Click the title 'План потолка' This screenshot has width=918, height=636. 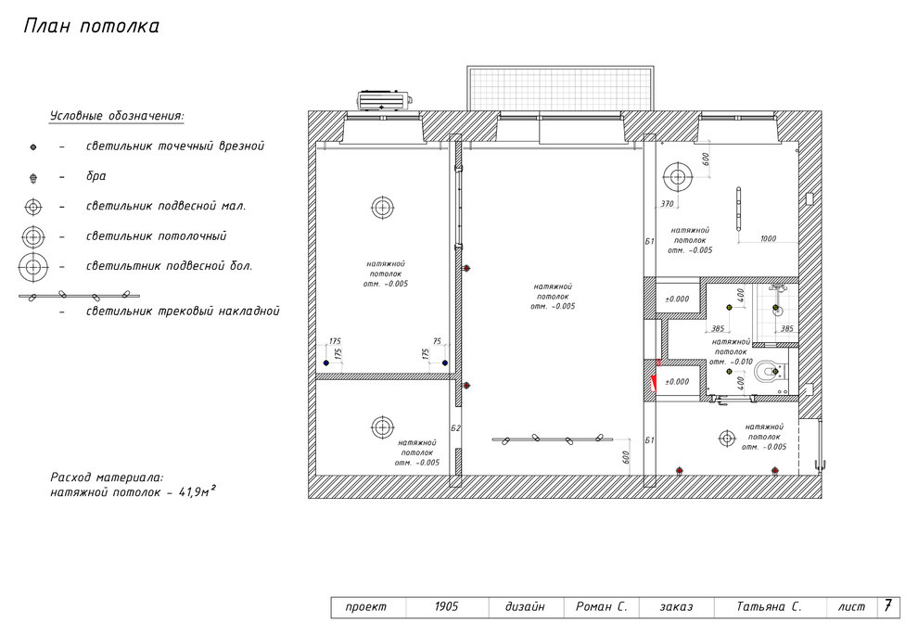[91, 26]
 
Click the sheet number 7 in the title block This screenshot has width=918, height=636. [888, 605]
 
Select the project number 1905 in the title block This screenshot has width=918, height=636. [446, 606]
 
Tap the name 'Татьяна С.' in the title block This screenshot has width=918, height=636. [769, 606]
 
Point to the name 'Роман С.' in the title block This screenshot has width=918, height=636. [601, 606]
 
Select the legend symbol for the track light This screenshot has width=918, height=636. [79, 296]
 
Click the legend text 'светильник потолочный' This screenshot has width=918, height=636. [157, 236]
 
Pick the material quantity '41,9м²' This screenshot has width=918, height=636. [198, 492]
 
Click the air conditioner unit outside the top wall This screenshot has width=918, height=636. [384, 101]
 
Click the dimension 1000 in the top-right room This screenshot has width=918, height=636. [768, 238]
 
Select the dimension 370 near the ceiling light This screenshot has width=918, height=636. [667, 204]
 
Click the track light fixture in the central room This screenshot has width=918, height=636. [552, 439]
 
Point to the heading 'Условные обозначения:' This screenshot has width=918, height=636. [117, 116]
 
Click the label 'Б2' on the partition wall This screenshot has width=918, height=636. [455, 428]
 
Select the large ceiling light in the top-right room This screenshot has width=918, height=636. [678, 177]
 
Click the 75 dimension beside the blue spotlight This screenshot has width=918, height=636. [437, 342]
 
